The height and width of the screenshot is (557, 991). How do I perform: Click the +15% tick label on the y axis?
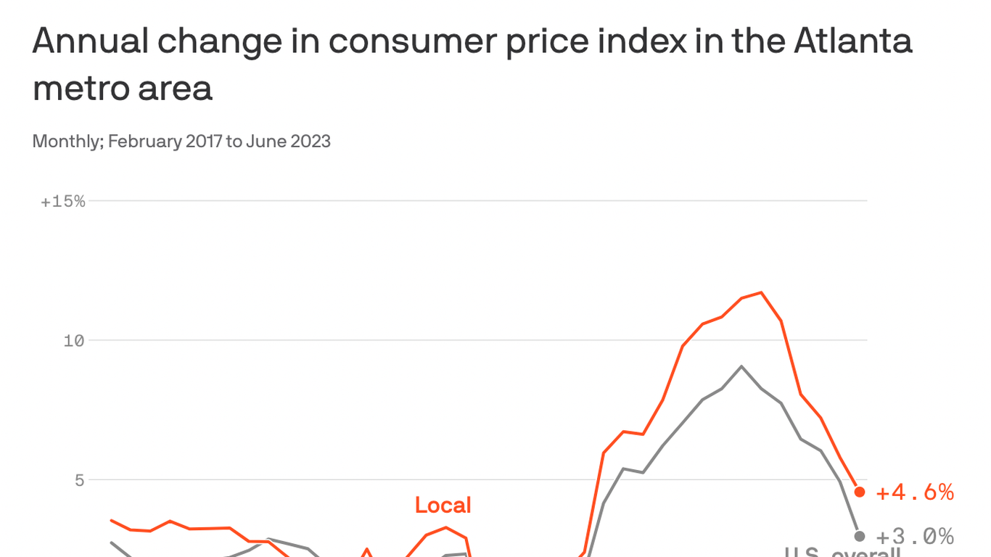[63, 202]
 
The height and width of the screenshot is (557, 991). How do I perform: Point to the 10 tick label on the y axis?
[74, 341]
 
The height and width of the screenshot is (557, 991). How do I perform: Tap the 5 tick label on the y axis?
[78, 480]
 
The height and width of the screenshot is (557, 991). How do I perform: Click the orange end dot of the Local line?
[860, 492]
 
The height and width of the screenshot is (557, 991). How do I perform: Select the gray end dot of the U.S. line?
[860, 536]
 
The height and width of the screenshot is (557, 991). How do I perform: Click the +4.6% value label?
[914, 493]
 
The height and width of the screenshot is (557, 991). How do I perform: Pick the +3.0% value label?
[914, 537]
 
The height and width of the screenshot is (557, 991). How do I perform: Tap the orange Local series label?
[443, 505]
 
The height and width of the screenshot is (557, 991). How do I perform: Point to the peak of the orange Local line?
[761, 292]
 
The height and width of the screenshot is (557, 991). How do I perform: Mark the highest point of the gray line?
[741, 366]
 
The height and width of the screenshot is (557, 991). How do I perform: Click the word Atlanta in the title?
[852, 42]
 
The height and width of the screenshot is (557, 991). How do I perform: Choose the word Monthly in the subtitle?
[67, 141]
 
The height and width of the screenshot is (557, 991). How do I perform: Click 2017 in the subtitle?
[204, 141]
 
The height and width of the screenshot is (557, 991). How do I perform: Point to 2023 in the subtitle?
[311, 141]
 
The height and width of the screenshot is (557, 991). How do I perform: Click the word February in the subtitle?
[144, 141]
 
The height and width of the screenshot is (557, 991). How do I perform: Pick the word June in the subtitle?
[266, 141]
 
